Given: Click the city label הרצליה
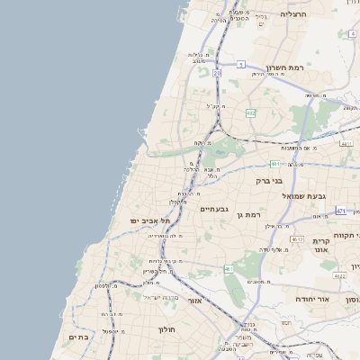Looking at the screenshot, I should pos(293,14).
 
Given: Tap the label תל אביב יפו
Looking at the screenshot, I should pos(137,220).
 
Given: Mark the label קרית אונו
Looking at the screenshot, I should pos(324,247).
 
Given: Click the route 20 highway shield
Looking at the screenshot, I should pos(217,71).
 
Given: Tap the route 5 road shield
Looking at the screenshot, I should pos(242,64).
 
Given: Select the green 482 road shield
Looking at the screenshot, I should pos(250,113).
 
